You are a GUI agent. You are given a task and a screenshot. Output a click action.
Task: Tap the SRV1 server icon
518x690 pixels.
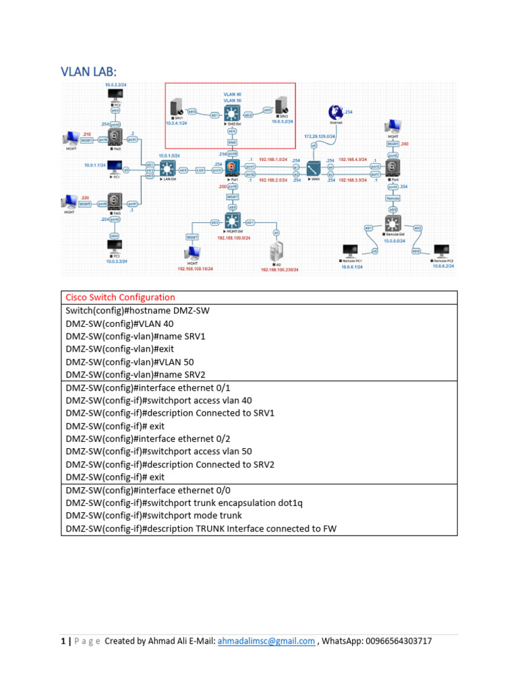coord(177,108)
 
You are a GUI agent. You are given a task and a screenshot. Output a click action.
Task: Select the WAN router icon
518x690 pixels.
coord(314,168)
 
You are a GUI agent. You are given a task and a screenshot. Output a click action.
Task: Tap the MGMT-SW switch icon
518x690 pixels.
coord(233,222)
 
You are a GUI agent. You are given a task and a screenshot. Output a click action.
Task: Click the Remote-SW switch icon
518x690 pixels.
coord(393,223)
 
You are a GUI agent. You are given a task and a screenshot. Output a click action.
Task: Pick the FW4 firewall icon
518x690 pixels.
coord(393,168)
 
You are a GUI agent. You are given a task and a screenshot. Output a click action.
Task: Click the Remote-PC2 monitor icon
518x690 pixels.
coord(441,251)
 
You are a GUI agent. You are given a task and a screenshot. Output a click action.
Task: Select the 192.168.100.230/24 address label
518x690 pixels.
coord(279,270)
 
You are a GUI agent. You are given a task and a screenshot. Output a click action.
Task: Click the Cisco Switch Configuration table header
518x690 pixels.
coord(120,297)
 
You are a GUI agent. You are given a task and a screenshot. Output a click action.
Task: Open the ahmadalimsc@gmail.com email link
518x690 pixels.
coord(266,641)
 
